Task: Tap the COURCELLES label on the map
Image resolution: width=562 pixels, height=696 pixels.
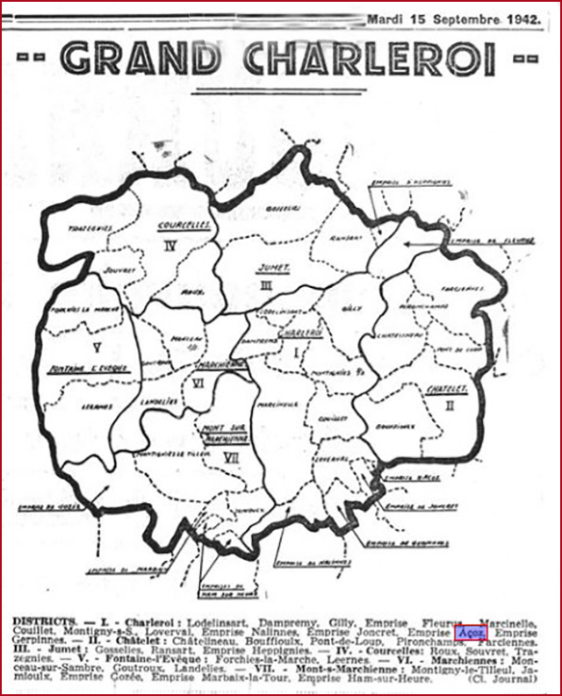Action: point(184,225)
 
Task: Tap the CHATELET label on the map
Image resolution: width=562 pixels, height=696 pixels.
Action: point(446,387)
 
